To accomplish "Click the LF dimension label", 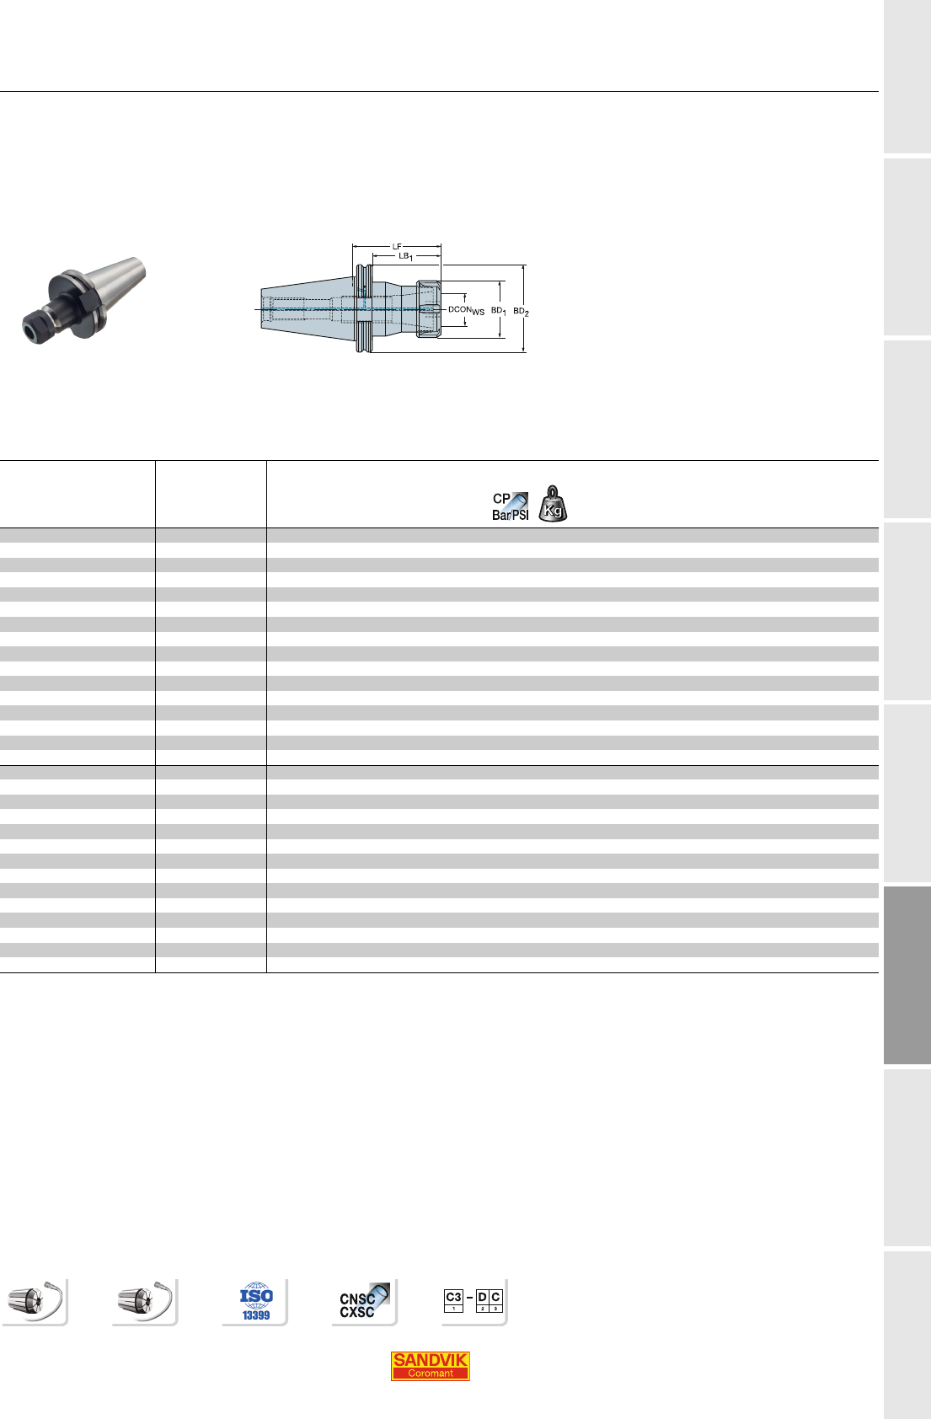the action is (397, 246).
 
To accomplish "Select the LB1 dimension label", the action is (405, 256).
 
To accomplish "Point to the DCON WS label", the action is (466, 310).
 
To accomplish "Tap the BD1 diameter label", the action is (499, 311).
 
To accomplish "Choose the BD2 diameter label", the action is (521, 311).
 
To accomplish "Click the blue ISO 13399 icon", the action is (256, 1302).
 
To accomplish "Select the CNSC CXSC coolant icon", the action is (364, 1302).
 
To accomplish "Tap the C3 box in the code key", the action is (453, 1301).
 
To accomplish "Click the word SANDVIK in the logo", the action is (430, 1359).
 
